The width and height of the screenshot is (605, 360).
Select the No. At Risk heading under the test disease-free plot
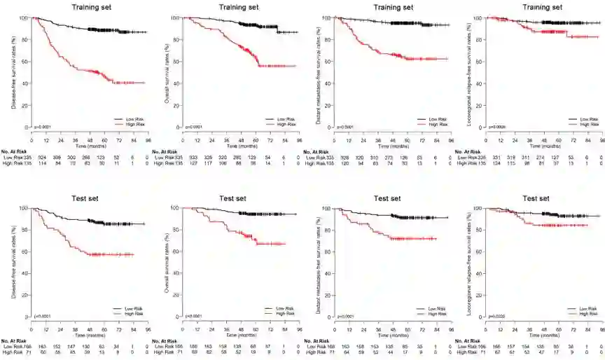pyautogui.click(x=15, y=341)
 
